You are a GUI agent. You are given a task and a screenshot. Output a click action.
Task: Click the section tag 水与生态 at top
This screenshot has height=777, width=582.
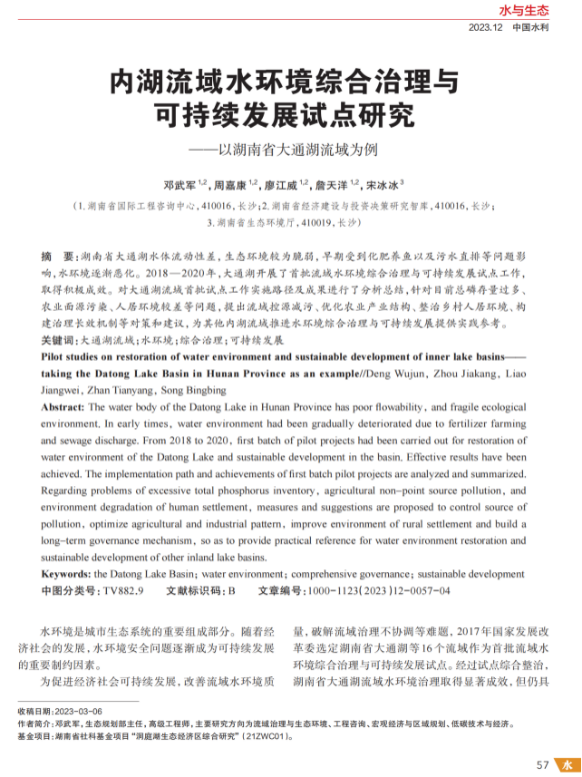tap(525, 11)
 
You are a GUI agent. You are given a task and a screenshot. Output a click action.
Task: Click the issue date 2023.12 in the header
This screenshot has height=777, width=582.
tap(485, 28)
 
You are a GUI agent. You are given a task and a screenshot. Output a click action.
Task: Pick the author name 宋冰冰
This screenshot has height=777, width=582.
tap(382, 184)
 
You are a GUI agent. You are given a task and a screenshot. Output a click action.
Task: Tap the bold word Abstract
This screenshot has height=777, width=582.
tap(64, 408)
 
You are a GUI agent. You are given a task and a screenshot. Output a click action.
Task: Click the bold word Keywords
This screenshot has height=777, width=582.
tap(66, 574)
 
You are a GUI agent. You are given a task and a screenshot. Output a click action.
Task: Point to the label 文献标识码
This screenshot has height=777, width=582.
tap(195, 591)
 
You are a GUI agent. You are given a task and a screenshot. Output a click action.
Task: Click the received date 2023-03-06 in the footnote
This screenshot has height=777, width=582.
tap(80, 712)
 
